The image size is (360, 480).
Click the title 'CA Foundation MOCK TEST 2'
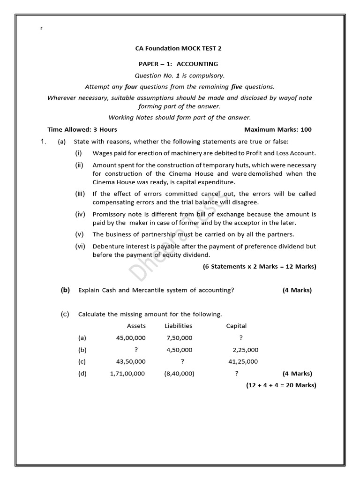tap(175, 48)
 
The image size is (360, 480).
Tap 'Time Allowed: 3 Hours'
tap(82, 129)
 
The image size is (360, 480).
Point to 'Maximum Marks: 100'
tap(277, 129)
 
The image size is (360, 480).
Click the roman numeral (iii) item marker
tap(80, 194)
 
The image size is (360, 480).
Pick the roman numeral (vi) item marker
tap(80, 246)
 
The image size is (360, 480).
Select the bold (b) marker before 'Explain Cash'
tap(65, 290)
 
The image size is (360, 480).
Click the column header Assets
tap(136, 326)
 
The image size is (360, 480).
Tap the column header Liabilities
tap(178, 326)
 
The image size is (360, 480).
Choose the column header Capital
tap(236, 326)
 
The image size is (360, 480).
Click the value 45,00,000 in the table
tap(131, 337)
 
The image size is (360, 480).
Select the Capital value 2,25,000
tap(245, 350)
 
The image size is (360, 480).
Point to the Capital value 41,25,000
tap(242, 361)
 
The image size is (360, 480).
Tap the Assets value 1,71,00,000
tap(127, 374)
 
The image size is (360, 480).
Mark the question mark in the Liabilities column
tap(182, 361)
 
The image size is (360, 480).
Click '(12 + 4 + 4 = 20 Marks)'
tap(281, 385)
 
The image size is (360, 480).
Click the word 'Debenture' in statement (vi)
tap(108, 246)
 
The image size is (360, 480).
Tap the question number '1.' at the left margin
tap(43, 142)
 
